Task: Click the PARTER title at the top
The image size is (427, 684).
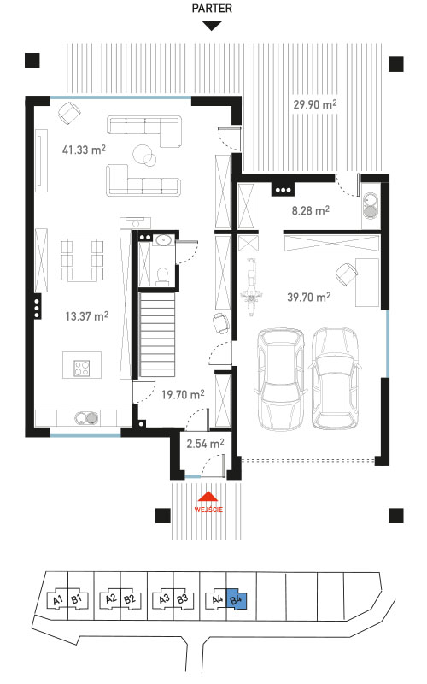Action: (x=212, y=9)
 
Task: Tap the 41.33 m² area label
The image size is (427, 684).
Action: (x=84, y=150)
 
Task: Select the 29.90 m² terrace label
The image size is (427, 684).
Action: (x=314, y=104)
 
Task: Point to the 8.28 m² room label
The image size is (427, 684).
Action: (x=310, y=210)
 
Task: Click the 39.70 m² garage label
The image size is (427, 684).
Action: (x=308, y=297)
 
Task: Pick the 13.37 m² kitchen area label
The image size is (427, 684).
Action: (x=87, y=315)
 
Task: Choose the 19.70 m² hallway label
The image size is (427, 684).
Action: (x=183, y=395)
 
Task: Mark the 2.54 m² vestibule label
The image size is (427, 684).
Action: (x=205, y=444)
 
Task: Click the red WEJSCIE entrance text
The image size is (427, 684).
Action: (x=208, y=509)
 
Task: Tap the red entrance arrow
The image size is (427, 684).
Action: (x=208, y=498)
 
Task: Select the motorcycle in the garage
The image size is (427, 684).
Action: (x=251, y=287)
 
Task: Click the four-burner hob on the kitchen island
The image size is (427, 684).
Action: (x=81, y=368)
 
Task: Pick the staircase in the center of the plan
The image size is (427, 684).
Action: (x=157, y=334)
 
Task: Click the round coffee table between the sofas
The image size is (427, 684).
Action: (x=143, y=154)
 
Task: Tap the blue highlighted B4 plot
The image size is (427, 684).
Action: (x=237, y=600)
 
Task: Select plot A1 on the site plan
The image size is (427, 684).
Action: (x=58, y=600)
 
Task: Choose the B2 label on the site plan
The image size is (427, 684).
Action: (x=129, y=599)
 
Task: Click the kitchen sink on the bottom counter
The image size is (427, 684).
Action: (x=86, y=418)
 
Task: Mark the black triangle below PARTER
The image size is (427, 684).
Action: (x=212, y=26)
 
